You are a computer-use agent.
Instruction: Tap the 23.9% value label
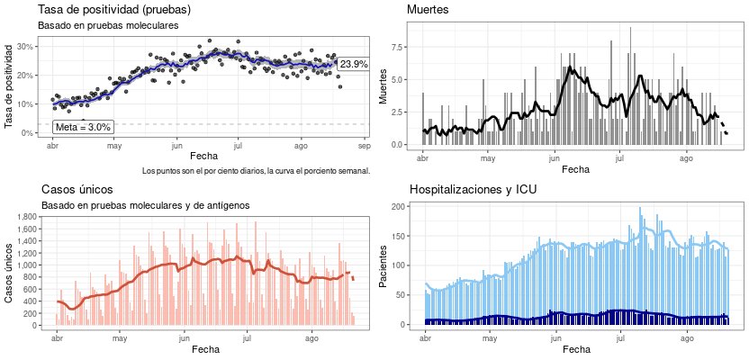coord(353,64)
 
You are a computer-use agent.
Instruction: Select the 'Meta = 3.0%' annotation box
coord(83,128)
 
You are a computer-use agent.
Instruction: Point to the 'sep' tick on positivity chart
coord(364,145)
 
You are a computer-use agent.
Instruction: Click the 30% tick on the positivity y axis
coord(25,47)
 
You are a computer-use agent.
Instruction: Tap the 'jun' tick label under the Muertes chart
coord(552,157)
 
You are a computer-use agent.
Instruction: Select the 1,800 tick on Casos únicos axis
coord(23,217)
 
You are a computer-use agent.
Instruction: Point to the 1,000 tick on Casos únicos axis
coord(23,265)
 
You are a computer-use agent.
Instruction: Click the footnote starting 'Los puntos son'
coord(256,170)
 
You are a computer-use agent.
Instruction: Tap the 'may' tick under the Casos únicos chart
coord(120,337)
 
